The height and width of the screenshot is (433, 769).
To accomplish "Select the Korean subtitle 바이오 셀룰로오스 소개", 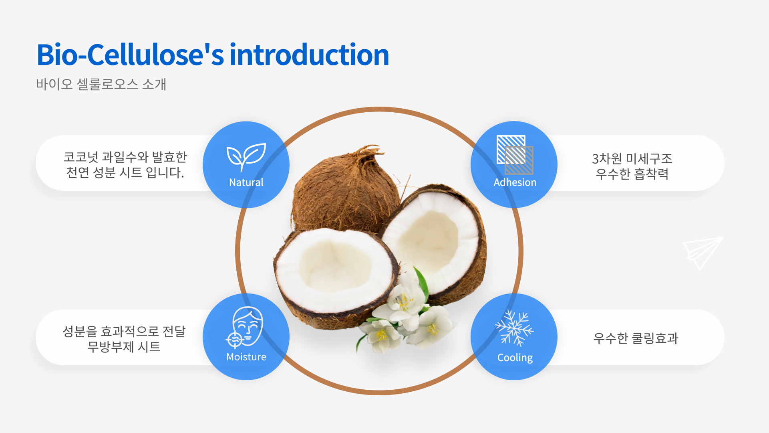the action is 101,84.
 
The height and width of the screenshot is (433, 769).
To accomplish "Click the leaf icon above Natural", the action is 246,157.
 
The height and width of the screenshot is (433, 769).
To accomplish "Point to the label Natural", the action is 246,182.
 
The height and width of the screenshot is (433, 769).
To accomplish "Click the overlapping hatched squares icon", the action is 515,155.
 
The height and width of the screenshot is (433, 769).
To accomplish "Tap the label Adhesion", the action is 515,182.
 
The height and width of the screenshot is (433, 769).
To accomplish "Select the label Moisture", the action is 246,357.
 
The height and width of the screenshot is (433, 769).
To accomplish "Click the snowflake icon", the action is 515,328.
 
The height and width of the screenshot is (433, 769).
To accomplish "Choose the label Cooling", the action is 515,358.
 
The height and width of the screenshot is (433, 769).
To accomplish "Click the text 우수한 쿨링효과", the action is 636,338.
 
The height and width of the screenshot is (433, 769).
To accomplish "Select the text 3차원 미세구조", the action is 632,159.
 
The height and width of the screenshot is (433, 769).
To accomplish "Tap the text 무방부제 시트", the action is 124,346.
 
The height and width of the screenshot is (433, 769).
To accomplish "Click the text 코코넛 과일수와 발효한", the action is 125,157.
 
